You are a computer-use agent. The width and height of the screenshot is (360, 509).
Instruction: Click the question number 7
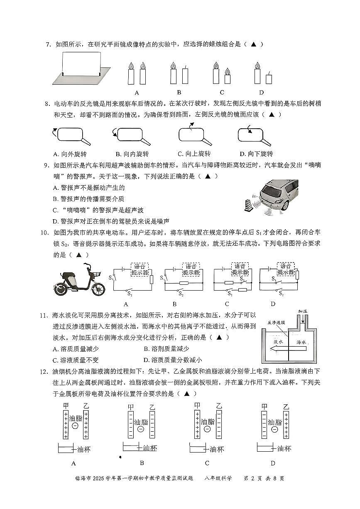pyautogui.click(x=48, y=44)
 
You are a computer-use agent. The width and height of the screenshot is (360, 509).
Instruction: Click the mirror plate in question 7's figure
pyautogui.click(x=81, y=64)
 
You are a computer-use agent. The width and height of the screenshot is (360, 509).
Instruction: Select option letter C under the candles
pyautogui.click(x=222, y=93)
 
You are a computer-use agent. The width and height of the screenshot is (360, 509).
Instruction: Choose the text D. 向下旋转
pyautogui.click(x=256, y=154)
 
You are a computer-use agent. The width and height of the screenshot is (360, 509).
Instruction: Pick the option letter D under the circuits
pyautogui.click(x=273, y=304)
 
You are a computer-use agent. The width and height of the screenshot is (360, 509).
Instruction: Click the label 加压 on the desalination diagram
pyautogui.click(x=302, y=311)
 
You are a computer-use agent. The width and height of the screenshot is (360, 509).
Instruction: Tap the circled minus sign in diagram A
pyautogui.click(x=75, y=426)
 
